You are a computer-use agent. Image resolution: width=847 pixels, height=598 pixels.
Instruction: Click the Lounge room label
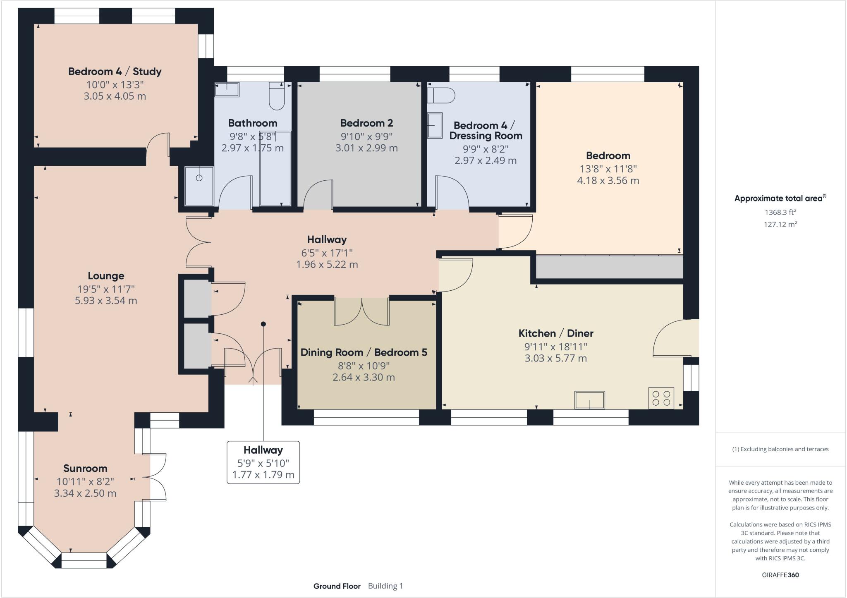point(106,276)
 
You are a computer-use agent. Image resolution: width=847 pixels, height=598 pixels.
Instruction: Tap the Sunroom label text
point(85,469)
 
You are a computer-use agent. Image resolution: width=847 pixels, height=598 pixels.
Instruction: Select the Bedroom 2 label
point(366,123)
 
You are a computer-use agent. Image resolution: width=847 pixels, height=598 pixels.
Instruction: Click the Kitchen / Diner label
point(556,333)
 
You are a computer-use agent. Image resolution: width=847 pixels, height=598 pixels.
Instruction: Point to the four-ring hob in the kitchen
point(661,398)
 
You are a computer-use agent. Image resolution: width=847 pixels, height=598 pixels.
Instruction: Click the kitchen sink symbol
point(589,400)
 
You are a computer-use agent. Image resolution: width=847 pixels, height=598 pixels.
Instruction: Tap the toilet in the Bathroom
point(277,96)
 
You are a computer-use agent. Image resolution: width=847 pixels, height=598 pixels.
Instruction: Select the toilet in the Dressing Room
point(441,95)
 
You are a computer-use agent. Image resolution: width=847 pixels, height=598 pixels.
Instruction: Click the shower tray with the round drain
point(199,186)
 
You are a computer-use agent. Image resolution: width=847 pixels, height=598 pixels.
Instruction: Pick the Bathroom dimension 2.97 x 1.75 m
point(253,148)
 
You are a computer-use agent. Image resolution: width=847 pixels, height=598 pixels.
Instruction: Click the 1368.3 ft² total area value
point(780,212)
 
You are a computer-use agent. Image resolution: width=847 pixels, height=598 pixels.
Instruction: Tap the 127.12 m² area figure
point(780,224)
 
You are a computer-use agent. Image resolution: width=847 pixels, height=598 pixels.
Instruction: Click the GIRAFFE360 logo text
point(780,575)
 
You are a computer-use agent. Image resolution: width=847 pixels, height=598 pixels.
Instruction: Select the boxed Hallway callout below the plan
point(263,462)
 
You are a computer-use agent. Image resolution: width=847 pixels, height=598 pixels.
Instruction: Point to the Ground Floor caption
point(337,586)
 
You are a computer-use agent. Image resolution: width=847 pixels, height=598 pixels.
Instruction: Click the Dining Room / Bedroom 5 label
point(364,352)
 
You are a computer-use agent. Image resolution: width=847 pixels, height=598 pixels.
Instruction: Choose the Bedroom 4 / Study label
point(115,72)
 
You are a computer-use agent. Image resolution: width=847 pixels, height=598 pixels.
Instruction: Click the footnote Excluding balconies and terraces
point(780,449)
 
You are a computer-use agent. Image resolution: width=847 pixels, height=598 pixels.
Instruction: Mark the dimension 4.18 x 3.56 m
point(608,181)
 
